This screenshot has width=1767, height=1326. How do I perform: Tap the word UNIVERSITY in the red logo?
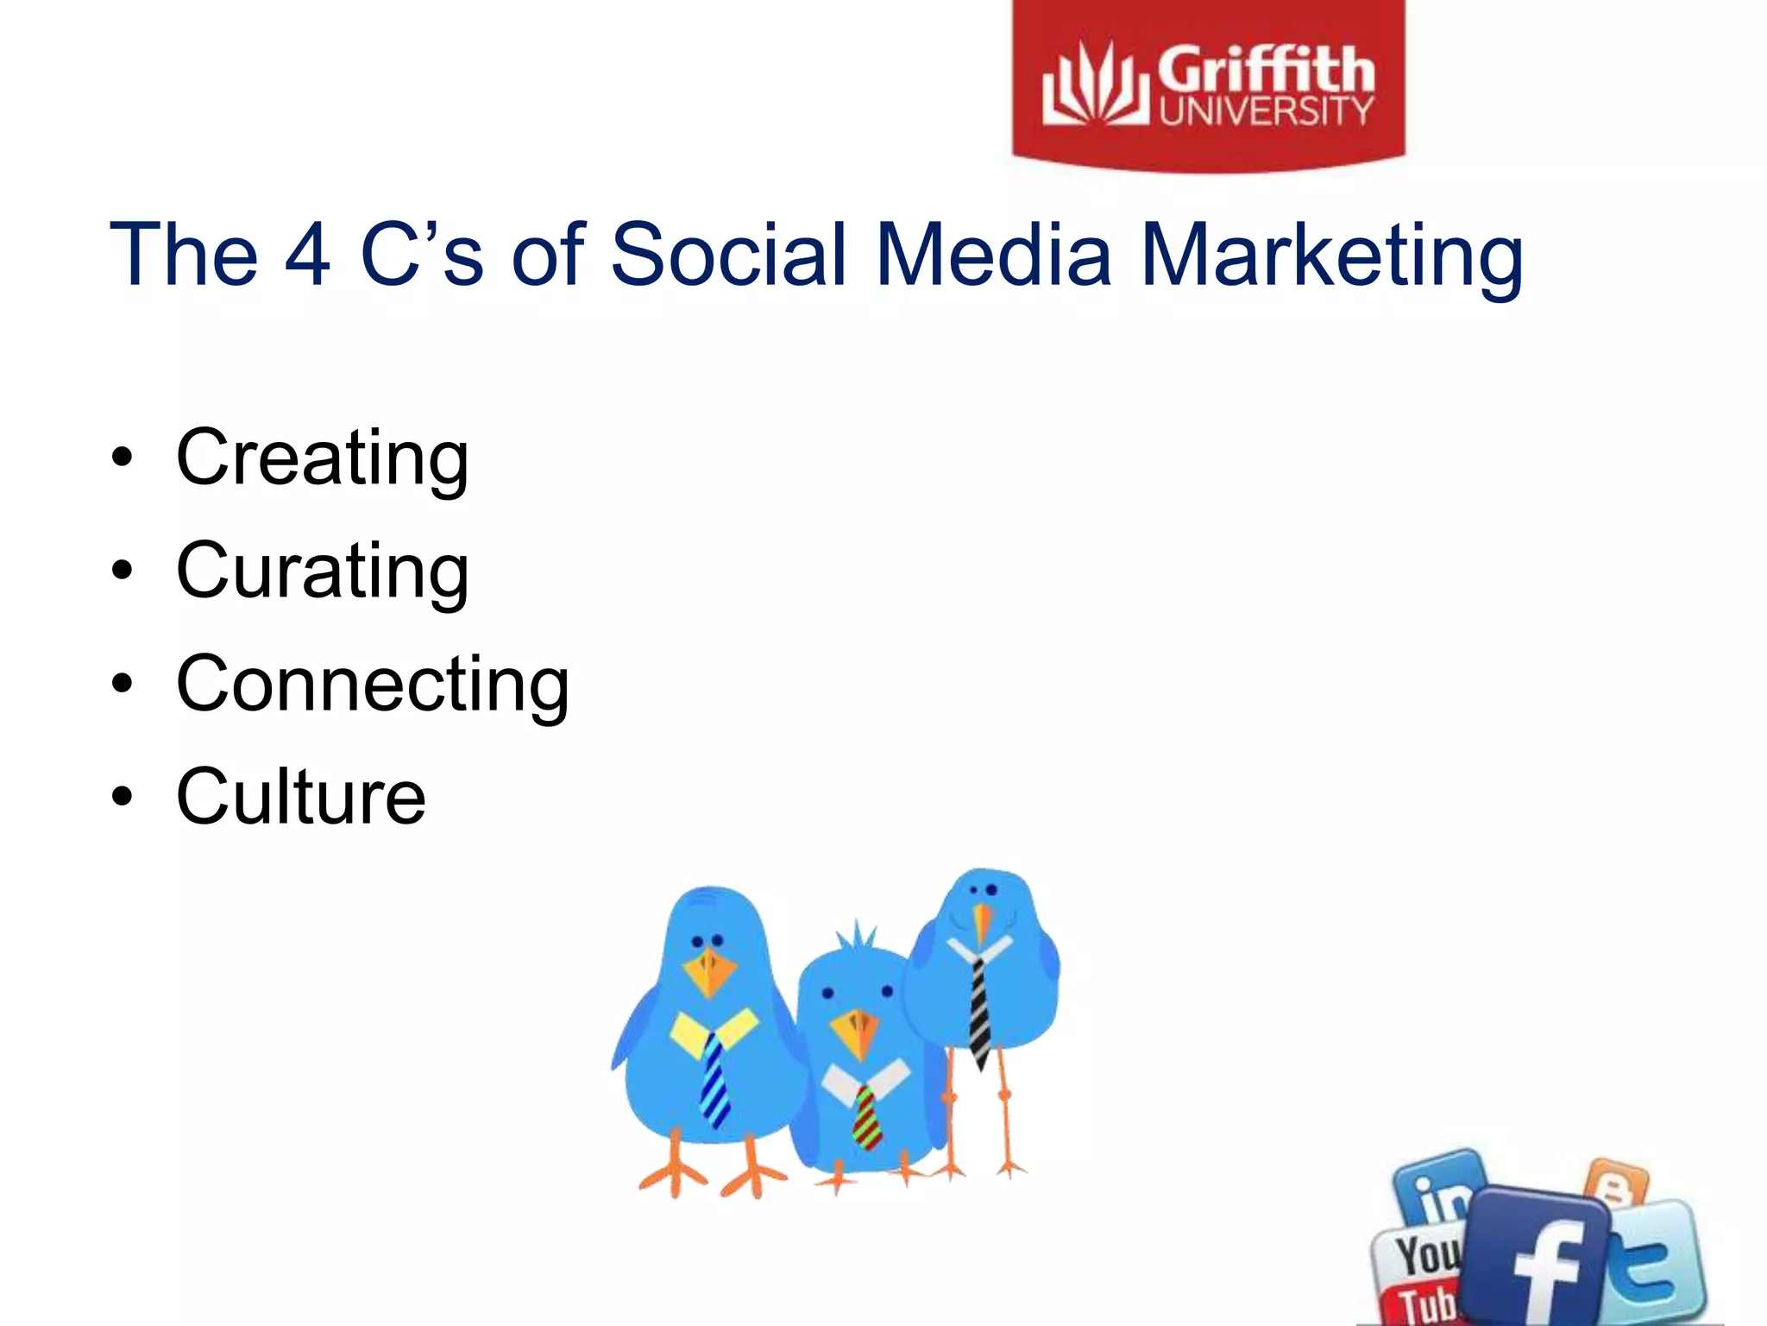(1266, 111)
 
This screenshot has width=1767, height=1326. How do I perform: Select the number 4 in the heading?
(307, 254)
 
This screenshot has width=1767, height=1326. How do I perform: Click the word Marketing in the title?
(1331, 256)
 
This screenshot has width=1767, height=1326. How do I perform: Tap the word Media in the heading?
(993, 254)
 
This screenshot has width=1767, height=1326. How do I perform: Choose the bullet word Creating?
(322, 458)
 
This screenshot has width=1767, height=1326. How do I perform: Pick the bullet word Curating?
(322, 571)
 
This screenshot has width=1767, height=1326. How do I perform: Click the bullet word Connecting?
(372, 685)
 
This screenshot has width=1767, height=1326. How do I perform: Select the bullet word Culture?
(300, 796)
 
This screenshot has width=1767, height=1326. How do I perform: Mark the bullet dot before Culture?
(123, 796)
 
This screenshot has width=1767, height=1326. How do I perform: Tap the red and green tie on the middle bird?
(867, 1118)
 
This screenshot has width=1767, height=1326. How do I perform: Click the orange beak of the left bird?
(709, 971)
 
